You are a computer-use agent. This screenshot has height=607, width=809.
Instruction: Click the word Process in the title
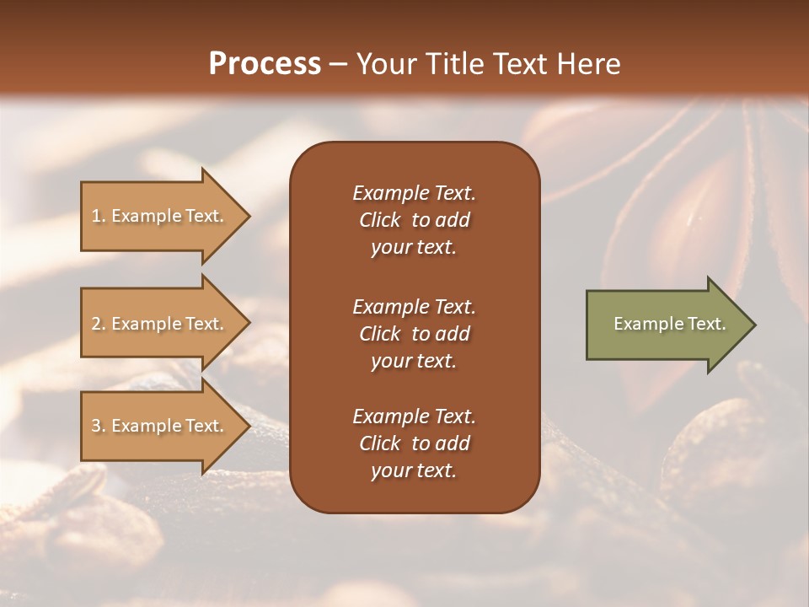point(265,64)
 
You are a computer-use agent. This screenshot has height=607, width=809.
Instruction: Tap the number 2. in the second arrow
point(99,324)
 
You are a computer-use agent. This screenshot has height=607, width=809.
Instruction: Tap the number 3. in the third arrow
point(99,426)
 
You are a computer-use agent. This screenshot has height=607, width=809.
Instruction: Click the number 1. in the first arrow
point(98,216)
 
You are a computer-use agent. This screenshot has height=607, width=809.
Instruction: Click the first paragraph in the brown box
point(414,220)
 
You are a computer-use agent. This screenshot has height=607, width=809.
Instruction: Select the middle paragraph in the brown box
point(414,334)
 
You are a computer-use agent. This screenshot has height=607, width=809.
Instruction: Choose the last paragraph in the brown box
point(414,443)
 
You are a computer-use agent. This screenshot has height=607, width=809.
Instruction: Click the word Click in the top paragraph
point(380,220)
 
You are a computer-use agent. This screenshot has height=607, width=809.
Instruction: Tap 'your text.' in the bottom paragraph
point(414,471)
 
